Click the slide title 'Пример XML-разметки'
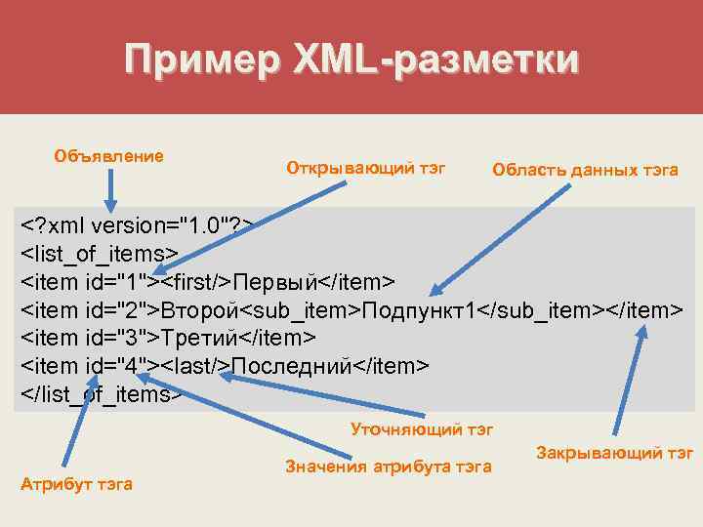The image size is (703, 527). coord(351,60)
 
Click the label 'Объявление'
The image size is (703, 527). coord(109,155)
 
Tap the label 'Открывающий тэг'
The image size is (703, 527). coord(365,168)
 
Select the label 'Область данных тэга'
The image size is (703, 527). coord(585,170)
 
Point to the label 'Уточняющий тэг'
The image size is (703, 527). coord(422,428)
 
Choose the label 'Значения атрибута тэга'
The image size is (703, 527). coord(388,466)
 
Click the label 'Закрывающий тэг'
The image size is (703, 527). coord(615,452)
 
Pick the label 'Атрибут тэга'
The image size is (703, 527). coord(76,484)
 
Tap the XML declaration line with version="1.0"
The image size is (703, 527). coord(138,226)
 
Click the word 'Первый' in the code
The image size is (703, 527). coord(277,283)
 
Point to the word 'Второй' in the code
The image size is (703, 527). coord(200,310)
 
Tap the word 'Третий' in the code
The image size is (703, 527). coord(199,339)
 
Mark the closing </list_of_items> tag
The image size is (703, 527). coord(103,394)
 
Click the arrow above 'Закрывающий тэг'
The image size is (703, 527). coord(627,381)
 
